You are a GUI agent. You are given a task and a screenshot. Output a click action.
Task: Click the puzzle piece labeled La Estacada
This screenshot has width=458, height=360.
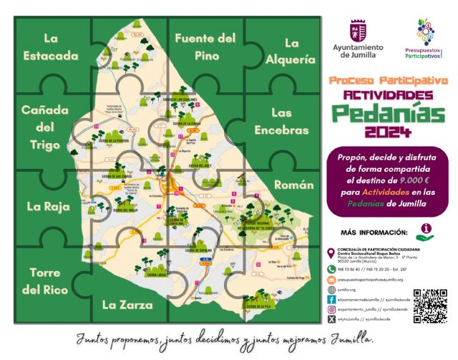coord(50,47)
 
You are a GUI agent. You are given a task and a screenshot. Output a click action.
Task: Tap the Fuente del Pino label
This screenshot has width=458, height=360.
coord(205,45)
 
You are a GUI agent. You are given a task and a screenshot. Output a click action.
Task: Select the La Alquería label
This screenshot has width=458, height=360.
coord(290,50)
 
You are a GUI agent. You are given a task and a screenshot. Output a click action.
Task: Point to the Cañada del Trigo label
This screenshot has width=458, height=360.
coord(44,127)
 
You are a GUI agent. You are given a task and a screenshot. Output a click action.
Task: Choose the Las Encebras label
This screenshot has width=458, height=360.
coord(281,122)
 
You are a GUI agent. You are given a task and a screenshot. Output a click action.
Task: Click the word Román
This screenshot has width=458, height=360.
coord(293,185)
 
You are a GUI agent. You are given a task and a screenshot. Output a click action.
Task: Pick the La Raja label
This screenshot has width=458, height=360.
coord(48,207)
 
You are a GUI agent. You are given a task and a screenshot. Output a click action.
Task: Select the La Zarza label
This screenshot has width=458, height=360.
coord(127,305)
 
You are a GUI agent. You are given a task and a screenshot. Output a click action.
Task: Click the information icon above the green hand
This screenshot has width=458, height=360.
coord(427,228)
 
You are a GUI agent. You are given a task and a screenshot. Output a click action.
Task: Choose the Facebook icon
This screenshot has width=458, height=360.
coord(331,300)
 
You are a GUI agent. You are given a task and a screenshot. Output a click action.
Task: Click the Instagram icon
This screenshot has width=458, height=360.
coord(331,311)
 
